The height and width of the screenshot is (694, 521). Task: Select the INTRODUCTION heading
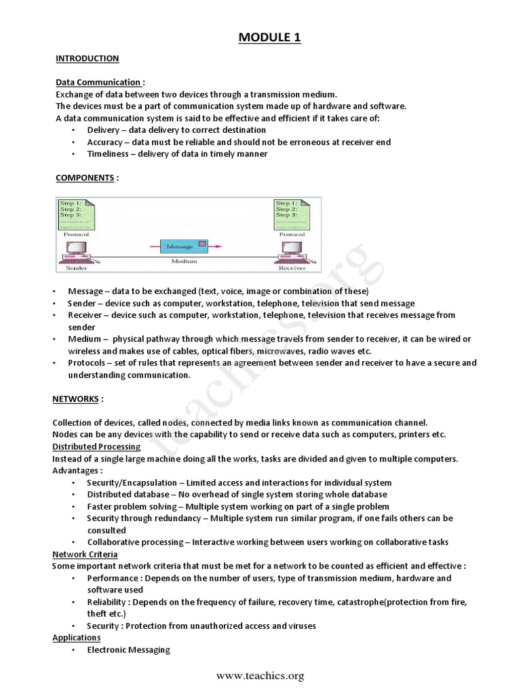coord(87,59)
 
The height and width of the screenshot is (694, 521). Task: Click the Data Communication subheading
coord(98,83)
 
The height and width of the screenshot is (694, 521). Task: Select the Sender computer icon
coord(75,252)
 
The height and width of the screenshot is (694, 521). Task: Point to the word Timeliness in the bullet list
coord(109,154)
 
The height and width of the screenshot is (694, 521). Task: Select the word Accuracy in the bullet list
coord(106,142)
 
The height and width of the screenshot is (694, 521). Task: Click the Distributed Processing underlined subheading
coord(96,447)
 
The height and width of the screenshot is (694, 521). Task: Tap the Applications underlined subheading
coord(76,638)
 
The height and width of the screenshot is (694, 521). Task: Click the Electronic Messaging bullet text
coord(128,650)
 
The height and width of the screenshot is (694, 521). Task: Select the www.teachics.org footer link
coord(260,676)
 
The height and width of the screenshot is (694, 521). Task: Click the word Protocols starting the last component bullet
coord(88,363)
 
